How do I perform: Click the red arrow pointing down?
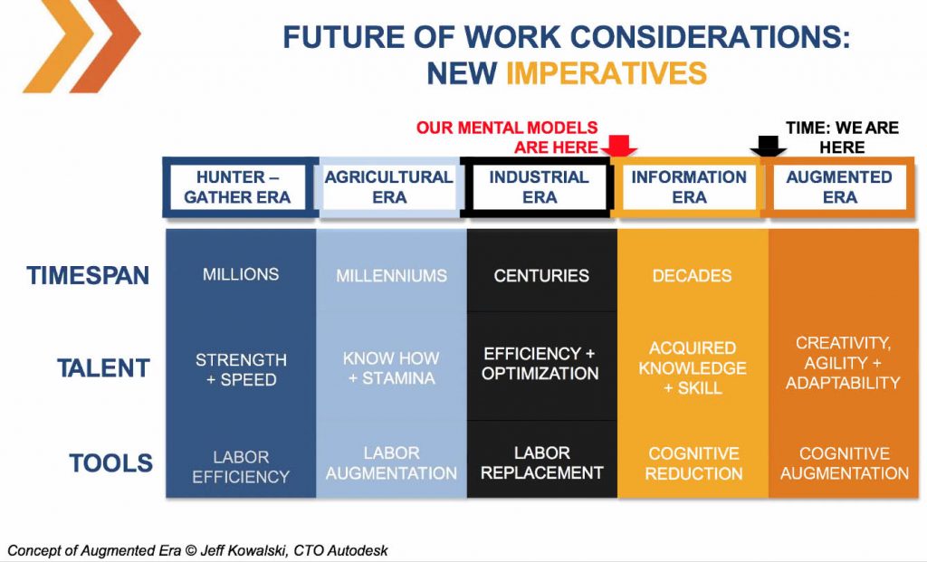point(618,146)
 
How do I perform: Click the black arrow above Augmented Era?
point(768,146)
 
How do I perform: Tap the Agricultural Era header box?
point(389,187)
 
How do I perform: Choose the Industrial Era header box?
point(540,187)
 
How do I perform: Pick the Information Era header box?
point(689,187)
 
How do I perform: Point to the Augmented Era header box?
point(839,187)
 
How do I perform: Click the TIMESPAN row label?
point(88,276)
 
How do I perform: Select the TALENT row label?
point(103,368)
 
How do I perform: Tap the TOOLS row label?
point(111,462)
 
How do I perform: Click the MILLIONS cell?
point(241,274)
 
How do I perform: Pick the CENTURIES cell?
point(541,275)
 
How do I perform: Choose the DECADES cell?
point(693,275)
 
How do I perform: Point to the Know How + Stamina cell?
point(391,367)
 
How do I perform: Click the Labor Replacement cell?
point(541,462)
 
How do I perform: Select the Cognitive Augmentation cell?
point(845,463)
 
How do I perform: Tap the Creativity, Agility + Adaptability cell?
point(843,363)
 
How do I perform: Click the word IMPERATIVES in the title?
point(607,74)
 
